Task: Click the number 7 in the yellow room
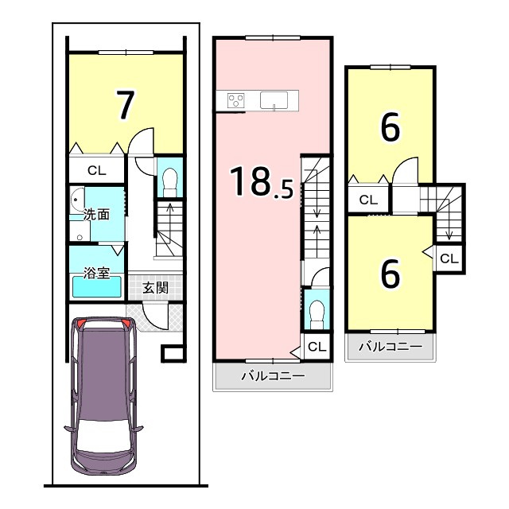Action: (x=126, y=105)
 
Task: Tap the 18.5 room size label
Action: (x=262, y=182)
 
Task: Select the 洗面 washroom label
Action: (x=96, y=215)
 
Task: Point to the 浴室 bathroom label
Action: (x=96, y=273)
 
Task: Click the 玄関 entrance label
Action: (x=156, y=287)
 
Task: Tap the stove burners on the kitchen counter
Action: (x=236, y=100)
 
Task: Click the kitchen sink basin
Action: (x=274, y=100)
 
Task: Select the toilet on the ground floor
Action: (x=170, y=182)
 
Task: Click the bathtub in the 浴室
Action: (x=97, y=286)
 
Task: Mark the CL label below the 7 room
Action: (x=97, y=170)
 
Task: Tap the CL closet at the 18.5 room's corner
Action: (x=317, y=347)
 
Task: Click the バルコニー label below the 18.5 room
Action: (x=273, y=376)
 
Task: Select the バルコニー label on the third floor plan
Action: (x=390, y=347)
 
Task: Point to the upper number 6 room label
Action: (x=390, y=127)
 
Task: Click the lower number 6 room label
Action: (x=390, y=274)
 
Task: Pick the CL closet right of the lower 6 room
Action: (x=449, y=258)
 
